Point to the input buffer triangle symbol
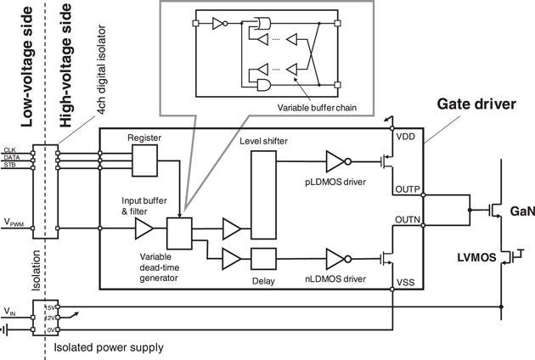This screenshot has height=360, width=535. [144, 228]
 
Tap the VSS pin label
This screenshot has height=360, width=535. [406, 279]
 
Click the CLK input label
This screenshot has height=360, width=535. [10, 149]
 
